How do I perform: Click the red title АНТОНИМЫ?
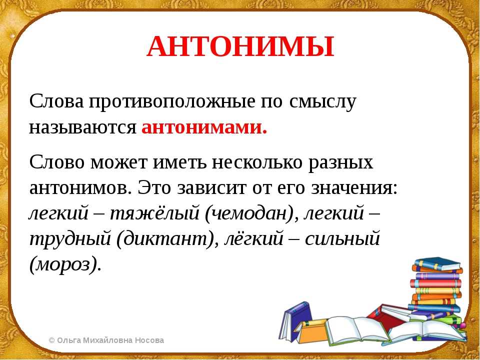(x=240, y=47)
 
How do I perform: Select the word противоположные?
(x=172, y=101)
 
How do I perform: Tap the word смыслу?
(x=322, y=102)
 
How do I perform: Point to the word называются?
(x=82, y=127)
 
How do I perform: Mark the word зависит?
(x=211, y=188)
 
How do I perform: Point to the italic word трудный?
(x=70, y=239)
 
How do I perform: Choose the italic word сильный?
(x=342, y=238)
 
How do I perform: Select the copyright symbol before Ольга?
(x=51, y=340)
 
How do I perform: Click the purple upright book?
(x=294, y=321)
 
